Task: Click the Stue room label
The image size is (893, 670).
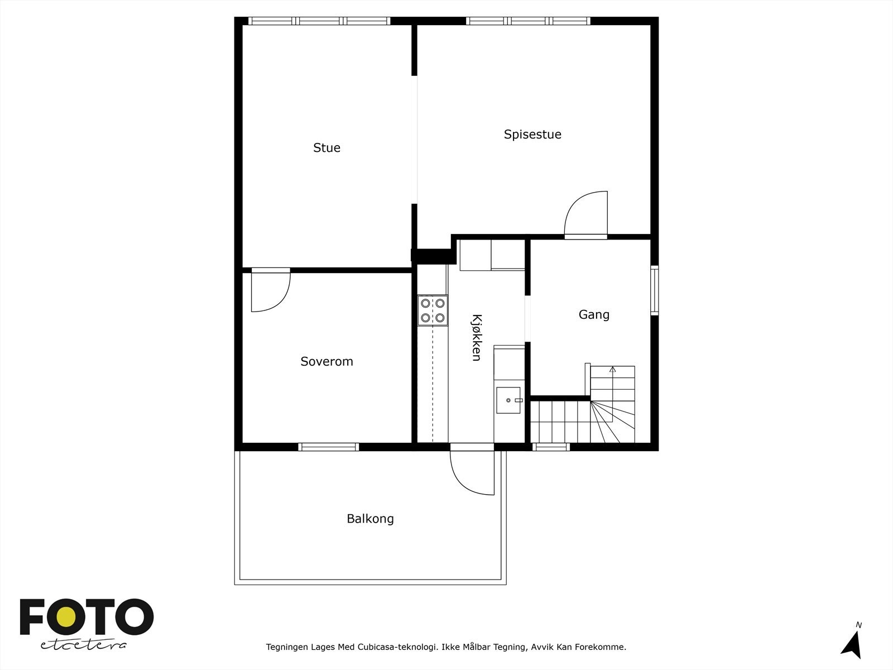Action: point(327,148)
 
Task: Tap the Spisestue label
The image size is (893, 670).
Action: point(532,135)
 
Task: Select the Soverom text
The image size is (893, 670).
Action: point(327,362)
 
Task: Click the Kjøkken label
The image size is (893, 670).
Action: point(476,337)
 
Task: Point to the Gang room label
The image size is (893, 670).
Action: point(594,315)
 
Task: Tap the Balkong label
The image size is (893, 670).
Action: point(370,519)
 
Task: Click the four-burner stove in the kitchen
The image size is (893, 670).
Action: point(433,311)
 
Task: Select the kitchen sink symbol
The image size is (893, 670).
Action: point(508,400)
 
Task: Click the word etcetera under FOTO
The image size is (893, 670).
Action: point(84,645)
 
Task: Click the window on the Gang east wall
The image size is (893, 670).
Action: point(655,290)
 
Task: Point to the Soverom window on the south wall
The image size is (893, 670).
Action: point(328,447)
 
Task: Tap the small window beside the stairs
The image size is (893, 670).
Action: point(551,447)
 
